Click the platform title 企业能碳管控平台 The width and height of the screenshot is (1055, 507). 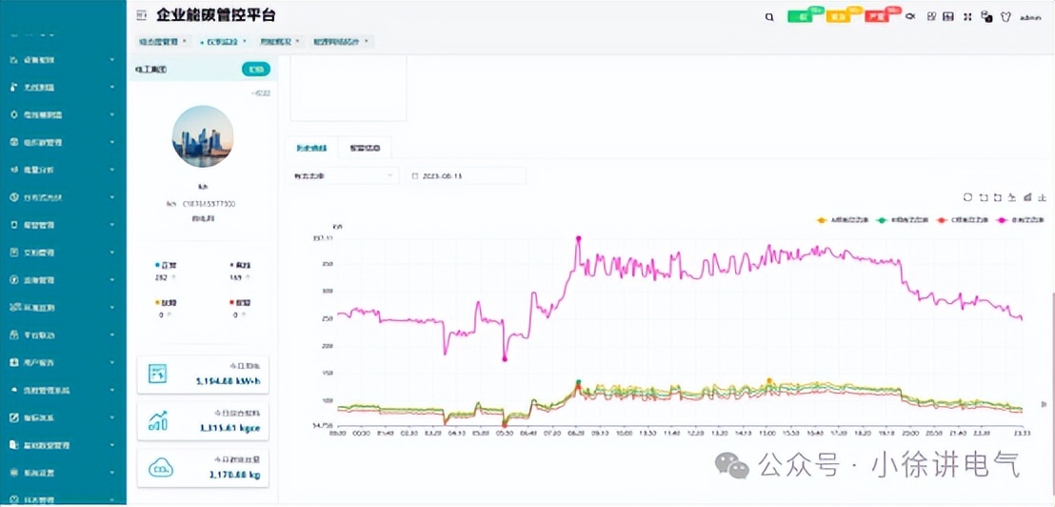(216, 16)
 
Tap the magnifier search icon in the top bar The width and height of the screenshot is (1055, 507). (769, 17)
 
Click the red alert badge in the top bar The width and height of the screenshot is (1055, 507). (876, 17)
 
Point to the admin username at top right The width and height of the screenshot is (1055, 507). (1030, 17)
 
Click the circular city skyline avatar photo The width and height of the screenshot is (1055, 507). (203, 136)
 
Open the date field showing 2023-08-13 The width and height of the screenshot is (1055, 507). (467, 175)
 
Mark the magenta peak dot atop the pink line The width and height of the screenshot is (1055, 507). (578, 237)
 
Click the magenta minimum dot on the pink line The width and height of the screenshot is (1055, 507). (505, 358)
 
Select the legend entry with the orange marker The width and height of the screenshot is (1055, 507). (837, 220)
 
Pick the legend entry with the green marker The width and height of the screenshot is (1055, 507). (899, 220)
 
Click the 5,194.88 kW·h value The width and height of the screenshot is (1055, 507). (229, 381)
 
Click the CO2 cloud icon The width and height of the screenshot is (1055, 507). (159, 467)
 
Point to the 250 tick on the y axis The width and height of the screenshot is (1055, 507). (328, 318)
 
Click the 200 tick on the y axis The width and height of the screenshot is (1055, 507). (328, 346)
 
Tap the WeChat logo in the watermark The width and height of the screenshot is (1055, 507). (732, 465)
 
